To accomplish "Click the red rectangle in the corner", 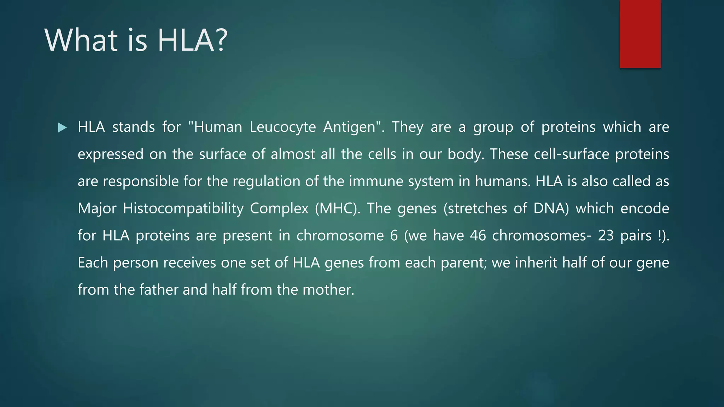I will pyautogui.click(x=640, y=34).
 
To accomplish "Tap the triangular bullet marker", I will pyautogui.click(x=62, y=128).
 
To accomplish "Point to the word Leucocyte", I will pyautogui.click(x=282, y=127).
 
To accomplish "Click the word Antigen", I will pyautogui.click(x=351, y=127).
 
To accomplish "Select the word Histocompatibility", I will pyautogui.click(x=183, y=208).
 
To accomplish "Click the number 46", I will pyautogui.click(x=478, y=236).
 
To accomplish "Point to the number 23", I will pyautogui.click(x=606, y=236).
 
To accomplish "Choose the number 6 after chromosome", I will pyautogui.click(x=394, y=236).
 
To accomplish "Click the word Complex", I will pyautogui.click(x=279, y=208).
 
